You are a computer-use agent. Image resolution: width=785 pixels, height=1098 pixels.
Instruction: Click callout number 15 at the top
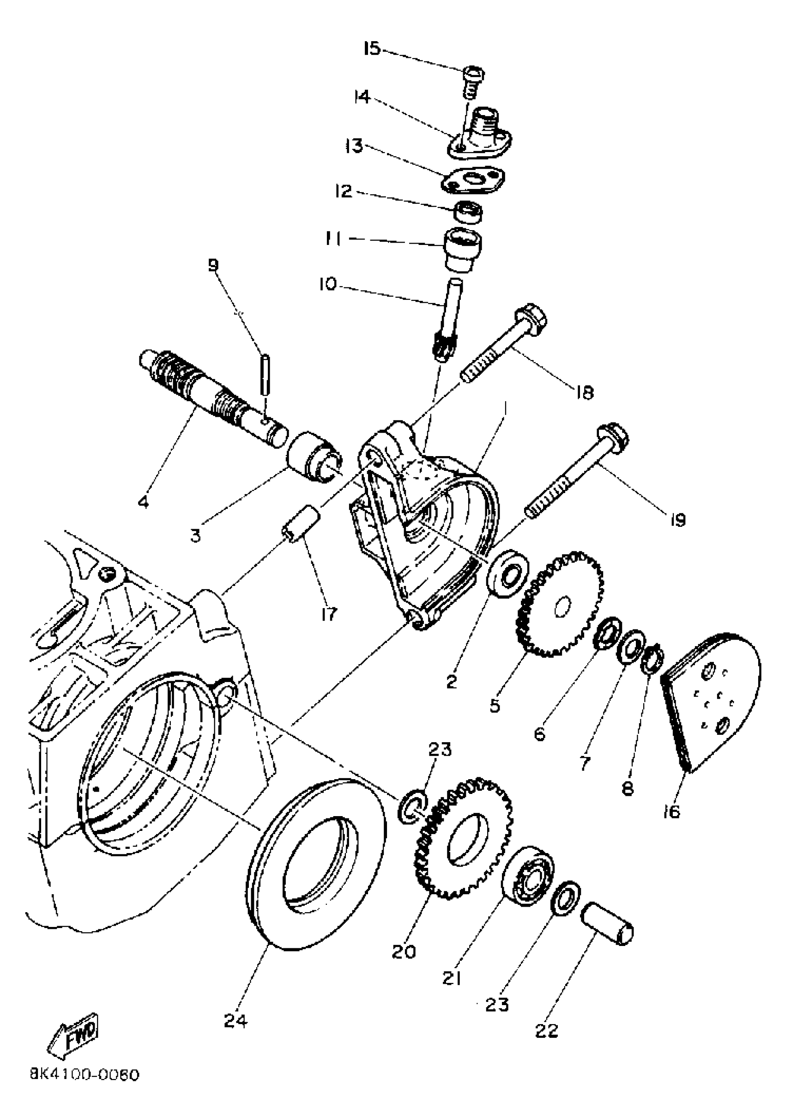[372, 49]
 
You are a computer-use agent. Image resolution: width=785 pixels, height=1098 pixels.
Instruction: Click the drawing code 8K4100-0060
[85, 1075]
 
